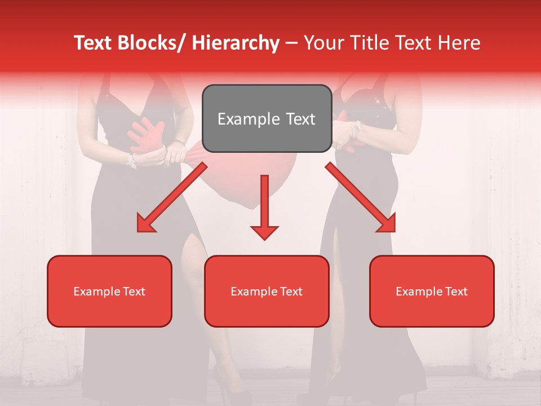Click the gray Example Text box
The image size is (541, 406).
pyautogui.click(x=267, y=118)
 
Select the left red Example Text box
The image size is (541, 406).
pyautogui.click(x=109, y=291)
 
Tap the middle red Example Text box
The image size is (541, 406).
pyautogui.click(x=267, y=291)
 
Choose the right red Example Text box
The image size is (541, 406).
pyautogui.click(x=432, y=291)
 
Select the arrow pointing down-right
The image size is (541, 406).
pyautogui.click(x=361, y=197)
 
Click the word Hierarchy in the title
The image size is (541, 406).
pyautogui.click(x=236, y=43)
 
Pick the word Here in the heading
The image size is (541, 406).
pyautogui.click(x=460, y=43)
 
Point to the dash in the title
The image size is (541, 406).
pyautogui.click(x=291, y=43)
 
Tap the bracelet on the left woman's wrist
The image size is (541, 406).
pyautogui.click(x=131, y=161)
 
